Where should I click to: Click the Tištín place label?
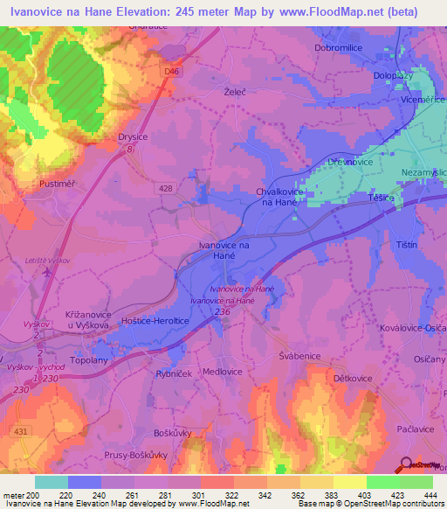click(x=408, y=243)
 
